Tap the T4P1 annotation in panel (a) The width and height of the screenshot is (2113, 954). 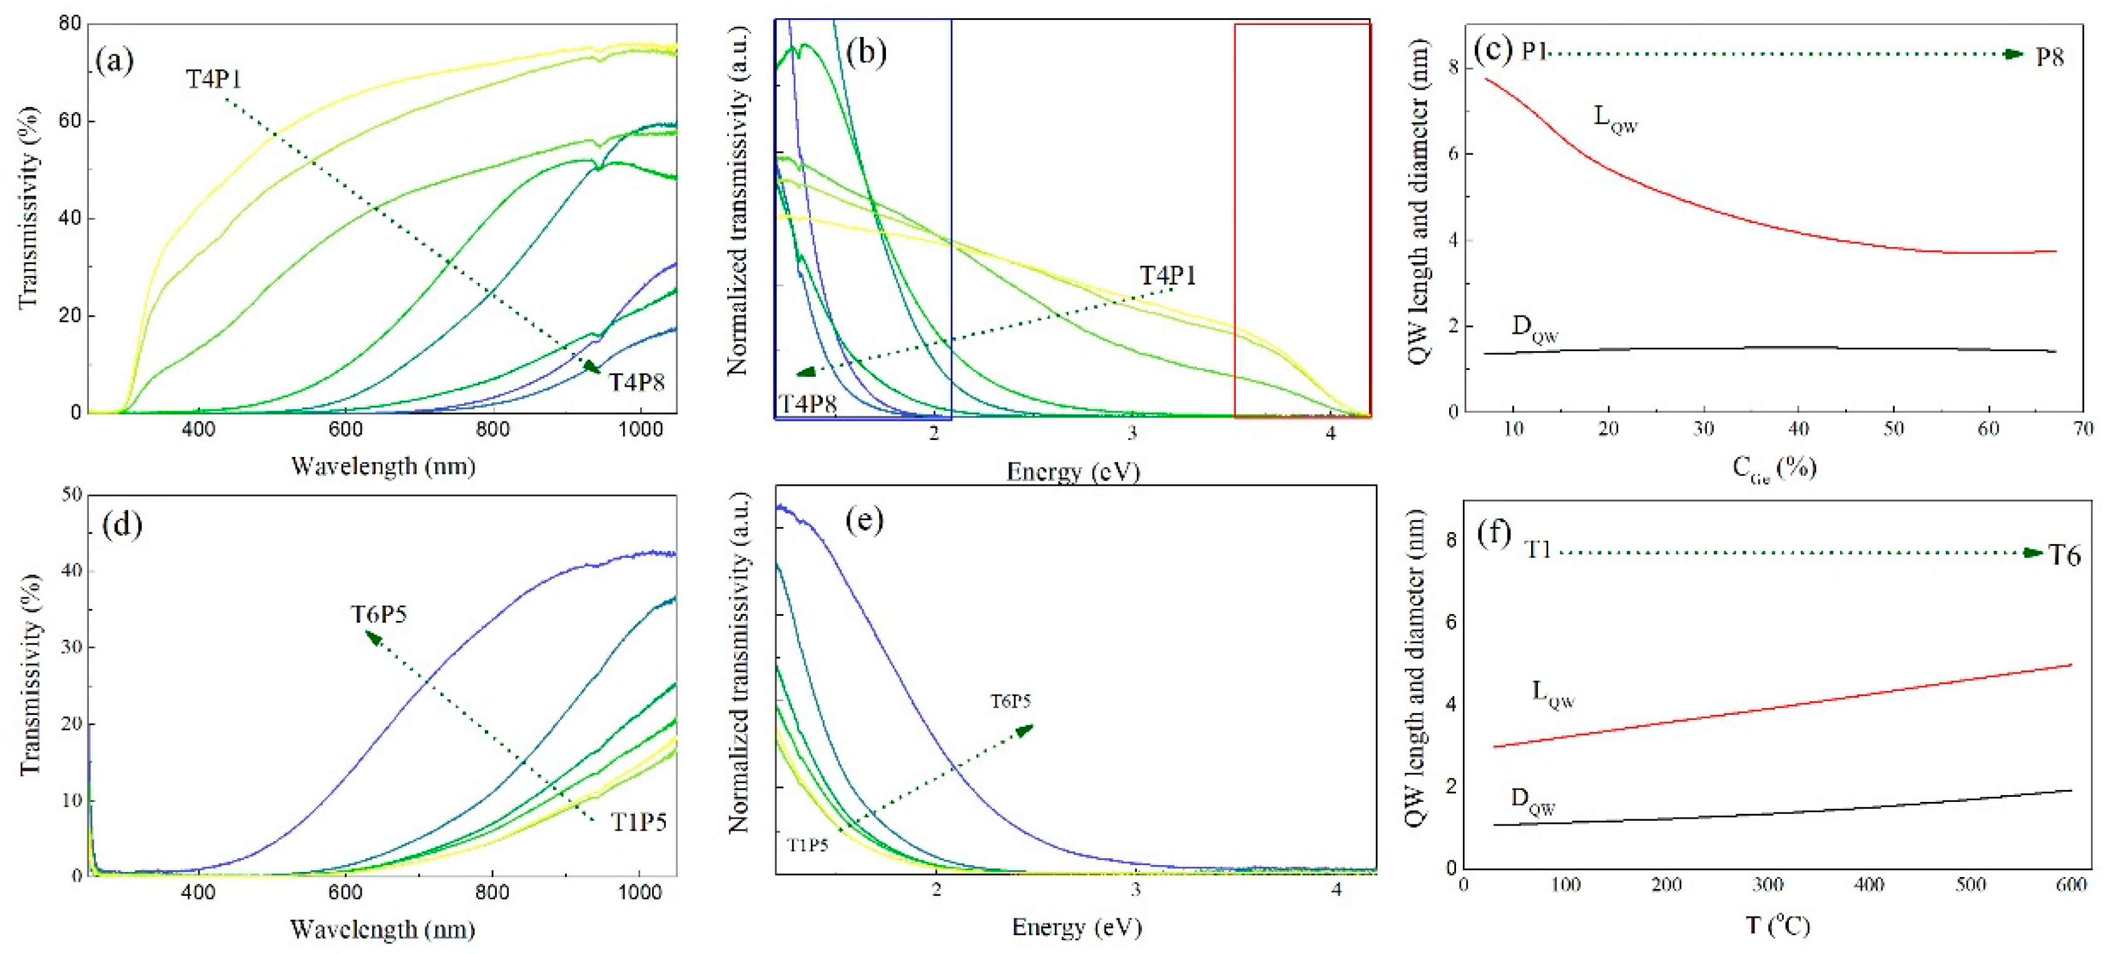tap(213, 79)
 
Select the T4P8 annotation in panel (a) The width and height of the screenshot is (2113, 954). tap(636, 382)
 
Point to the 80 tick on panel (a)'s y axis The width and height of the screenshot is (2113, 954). tap(71, 24)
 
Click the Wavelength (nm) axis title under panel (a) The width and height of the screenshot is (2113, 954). tap(383, 466)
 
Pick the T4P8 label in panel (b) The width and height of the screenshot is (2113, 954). tap(807, 404)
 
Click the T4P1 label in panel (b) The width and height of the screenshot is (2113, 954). tap(1168, 275)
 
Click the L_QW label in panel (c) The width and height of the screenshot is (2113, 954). tap(1615, 119)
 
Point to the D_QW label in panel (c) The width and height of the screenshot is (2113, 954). tap(1534, 330)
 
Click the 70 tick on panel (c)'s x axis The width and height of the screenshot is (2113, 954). tap(2082, 428)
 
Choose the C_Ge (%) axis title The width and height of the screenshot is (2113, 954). tap(1773, 468)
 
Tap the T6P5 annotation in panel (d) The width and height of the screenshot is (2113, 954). tap(379, 614)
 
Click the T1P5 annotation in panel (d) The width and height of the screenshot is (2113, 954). tap(638, 822)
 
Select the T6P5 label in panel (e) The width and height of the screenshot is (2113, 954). tap(1010, 701)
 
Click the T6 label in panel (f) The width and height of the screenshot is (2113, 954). tap(2064, 556)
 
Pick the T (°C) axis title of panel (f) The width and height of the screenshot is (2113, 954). tap(1777, 925)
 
